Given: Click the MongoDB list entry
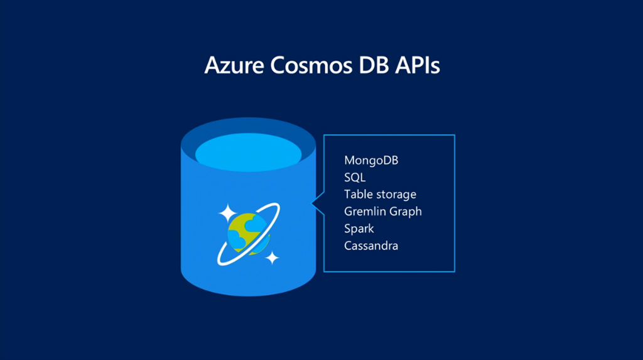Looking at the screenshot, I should tap(371, 160).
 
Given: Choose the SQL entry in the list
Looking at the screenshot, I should tap(355, 177).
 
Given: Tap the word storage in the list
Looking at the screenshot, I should tap(396, 195).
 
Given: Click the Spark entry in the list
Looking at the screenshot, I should tap(359, 229).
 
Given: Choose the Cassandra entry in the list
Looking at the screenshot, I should tap(371, 246).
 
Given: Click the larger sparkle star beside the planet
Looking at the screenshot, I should tap(227, 213).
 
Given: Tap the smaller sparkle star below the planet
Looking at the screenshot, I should tap(272, 257).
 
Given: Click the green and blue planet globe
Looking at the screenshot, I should tap(248, 233).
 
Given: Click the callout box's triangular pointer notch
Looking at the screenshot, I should tap(317, 204).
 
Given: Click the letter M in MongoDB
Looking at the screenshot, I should tap(350, 160).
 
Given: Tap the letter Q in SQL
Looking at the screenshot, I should tap(355, 177).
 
